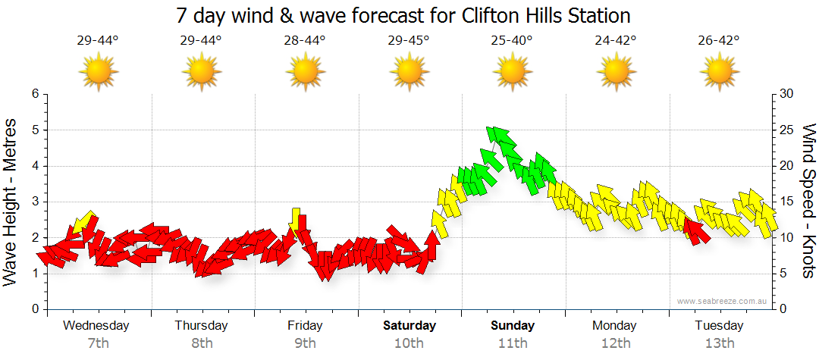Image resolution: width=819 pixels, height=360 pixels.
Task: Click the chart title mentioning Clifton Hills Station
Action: click(x=403, y=15)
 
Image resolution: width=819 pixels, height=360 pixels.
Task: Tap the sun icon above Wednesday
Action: click(x=98, y=72)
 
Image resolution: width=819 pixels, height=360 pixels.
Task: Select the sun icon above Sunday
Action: click(x=513, y=72)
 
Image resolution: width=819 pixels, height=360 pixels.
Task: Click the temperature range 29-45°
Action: click(x=409, y=41)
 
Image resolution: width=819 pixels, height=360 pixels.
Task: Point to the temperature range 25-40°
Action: click(x=513, y=41)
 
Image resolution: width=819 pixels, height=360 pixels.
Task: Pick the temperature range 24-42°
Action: click(x=616, y=41)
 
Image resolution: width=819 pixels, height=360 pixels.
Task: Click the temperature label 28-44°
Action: click(x=305, y=41)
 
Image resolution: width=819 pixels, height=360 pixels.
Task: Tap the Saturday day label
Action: click(x=409, y=326)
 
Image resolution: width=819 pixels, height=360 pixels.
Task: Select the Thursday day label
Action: click(x=201, y=326)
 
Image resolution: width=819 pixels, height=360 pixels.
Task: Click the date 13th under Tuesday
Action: click(x=720, y=343)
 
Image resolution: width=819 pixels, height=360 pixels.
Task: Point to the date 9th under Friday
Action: click(x=305, y=343)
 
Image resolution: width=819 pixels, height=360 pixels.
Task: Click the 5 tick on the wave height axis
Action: click(x=33, y=130)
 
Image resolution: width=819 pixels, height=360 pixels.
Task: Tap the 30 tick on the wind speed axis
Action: click(x=788, y=94)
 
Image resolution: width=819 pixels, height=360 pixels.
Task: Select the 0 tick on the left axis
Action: click(x=33, y=309)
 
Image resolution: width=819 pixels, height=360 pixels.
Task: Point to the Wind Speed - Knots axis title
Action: click(x=808, y=202)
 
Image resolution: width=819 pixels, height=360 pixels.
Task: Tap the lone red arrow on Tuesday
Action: click(x=696, y=230)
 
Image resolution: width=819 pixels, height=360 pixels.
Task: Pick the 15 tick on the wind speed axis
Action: click(x=787, y=202)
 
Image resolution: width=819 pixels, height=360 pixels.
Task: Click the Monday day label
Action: click(x=615, y=326)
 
